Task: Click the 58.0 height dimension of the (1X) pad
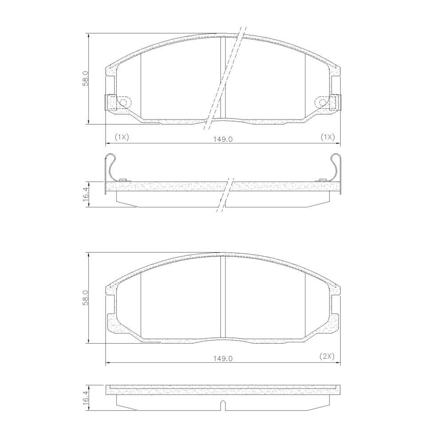click(86, 79)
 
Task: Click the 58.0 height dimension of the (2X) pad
click(86, 298)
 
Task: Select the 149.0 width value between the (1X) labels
click(223, 139)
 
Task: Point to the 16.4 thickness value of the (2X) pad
click(86, 394)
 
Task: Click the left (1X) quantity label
click(121, 137)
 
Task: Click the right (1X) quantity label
click(327, 137)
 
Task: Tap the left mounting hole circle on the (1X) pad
click(123, 103)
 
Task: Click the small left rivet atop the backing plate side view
click(123, 180)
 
